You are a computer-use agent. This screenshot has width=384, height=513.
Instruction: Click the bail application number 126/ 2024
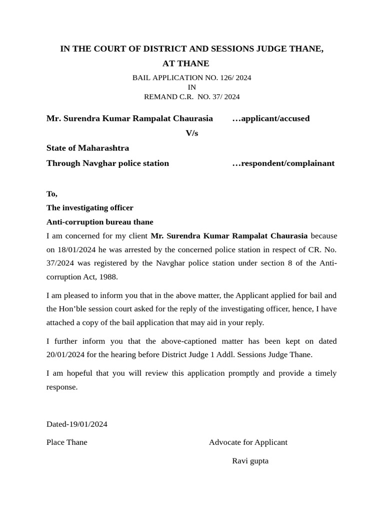tap(234, 78)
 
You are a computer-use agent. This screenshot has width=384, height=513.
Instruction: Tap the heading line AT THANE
tap(185, 64)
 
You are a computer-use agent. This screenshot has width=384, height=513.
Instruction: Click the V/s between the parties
tap(191, 133)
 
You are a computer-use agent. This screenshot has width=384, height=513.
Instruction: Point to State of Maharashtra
tap(87, 148)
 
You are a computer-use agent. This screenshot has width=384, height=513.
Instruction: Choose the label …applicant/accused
tap(270, 119)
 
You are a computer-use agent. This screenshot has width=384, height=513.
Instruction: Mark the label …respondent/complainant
tap(283, 163)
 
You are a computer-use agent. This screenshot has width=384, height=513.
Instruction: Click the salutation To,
tap(52, 194)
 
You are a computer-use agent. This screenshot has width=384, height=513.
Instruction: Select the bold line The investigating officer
tap(89, 208)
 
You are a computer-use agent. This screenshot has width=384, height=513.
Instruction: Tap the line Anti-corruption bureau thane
tap(99, 222)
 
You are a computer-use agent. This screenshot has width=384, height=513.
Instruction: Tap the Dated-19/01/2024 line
tap(76, 424)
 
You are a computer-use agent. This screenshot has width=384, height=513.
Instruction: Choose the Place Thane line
tap(66, 442)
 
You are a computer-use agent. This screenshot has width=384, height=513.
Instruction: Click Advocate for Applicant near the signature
tap(248, 442)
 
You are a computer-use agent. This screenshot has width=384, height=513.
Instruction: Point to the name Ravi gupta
tap(250, 461)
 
